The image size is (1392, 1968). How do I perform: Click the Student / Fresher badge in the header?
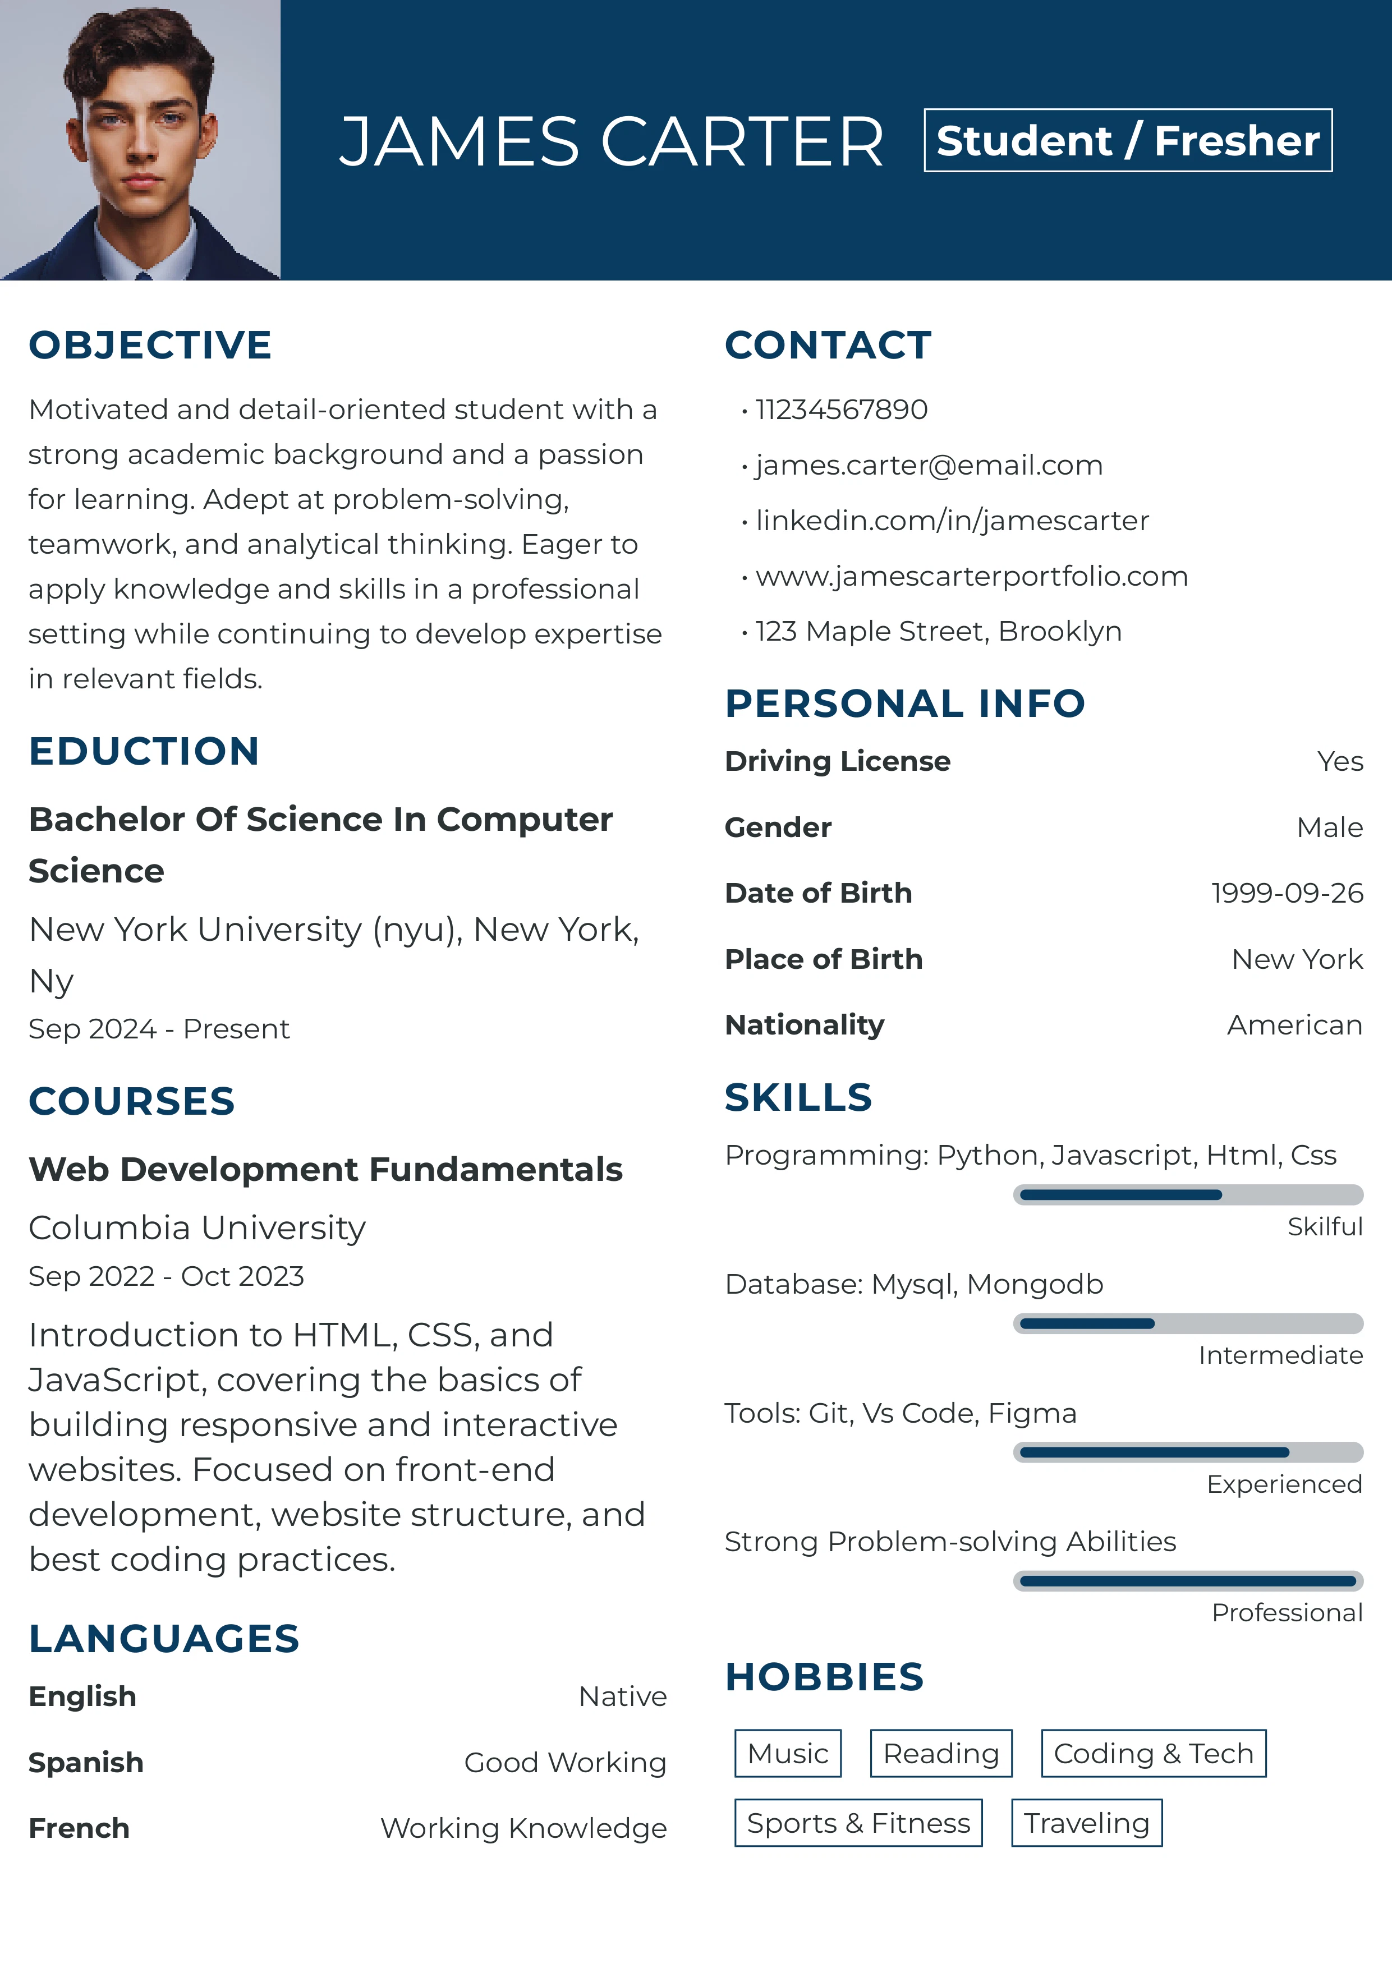[1127, 141]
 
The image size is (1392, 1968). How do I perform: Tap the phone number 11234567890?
[841, 410]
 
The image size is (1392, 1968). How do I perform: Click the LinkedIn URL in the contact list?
[952, 520]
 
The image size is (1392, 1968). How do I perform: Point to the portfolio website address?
[971, 576]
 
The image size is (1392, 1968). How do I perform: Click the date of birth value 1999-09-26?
[1286, 893]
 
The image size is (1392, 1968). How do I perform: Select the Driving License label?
[838, 761]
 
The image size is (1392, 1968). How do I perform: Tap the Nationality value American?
[1293, 1025]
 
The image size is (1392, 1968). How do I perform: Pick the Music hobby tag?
[788, 1754]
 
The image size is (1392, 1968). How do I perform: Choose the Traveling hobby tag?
[1086, 1823]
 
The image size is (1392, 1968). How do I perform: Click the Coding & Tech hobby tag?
[1153, 1754]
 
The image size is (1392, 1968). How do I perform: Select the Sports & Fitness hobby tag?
[858, 1823]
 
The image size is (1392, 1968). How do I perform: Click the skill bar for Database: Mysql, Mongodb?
[1187, 1323]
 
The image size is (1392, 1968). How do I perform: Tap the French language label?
[79, 1828]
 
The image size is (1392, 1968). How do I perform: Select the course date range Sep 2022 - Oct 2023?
[166, 1276]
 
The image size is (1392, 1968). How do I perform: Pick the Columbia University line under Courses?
[197, 1228]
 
